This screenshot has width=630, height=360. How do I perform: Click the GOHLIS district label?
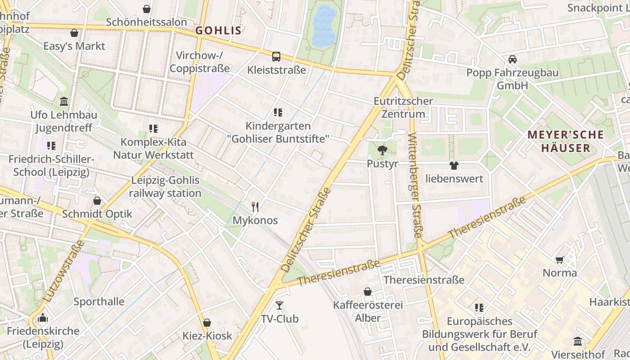218,31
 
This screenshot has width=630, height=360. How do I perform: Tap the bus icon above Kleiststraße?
276,57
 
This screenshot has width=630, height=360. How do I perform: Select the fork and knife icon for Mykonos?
255,207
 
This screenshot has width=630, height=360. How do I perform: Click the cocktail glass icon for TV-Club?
279,306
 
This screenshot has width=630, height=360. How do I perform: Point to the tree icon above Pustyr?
382,150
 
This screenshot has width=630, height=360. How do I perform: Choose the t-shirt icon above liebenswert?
454,166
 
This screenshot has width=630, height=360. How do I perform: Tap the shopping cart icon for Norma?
560,260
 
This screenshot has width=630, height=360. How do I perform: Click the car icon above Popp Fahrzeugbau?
512,59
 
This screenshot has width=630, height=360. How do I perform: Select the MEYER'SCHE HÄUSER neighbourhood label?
565,141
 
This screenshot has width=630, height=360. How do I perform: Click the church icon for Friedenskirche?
43,318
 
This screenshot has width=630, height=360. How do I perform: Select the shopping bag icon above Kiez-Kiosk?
207,323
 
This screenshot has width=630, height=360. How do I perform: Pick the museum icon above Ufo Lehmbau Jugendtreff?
64,102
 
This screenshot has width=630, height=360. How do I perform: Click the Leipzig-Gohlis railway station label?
165,187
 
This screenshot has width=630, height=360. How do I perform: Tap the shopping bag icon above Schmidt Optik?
97,201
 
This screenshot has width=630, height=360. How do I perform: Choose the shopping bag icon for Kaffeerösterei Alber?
368,292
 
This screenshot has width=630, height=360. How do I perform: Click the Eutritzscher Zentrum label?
403,108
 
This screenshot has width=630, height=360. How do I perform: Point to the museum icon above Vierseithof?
578,341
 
